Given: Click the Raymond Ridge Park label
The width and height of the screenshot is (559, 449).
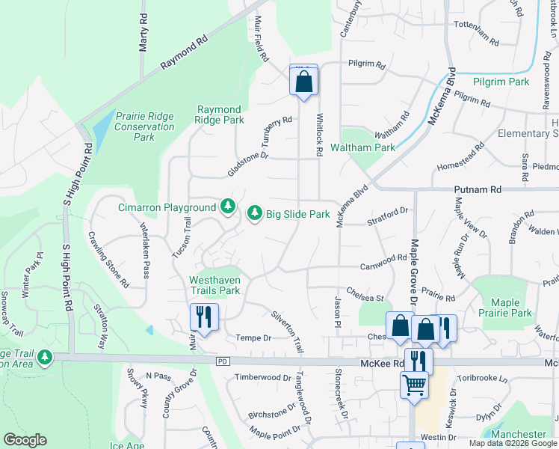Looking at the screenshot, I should (x=219, y=114).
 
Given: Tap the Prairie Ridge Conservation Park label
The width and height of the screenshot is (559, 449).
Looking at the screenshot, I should (x=144, y=126).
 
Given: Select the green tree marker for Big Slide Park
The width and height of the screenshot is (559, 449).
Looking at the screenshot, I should (x=255, y=214).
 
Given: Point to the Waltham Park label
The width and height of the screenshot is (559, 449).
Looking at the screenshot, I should (x=362, y=147).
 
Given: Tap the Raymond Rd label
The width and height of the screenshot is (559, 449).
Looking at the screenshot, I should (x=183, y=54).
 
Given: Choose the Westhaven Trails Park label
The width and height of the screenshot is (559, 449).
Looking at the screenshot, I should (x=214, y=284).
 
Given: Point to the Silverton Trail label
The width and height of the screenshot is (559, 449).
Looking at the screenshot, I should (x=288, y=332).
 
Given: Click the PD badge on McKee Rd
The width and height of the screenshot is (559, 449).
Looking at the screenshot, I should (x=221, y=361).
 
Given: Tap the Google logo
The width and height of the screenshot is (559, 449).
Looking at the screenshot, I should (x=25, y=440).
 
